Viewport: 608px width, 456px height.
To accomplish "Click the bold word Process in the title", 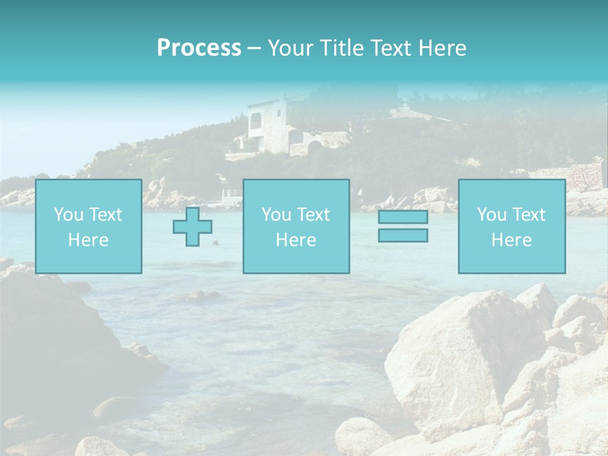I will [199, 48].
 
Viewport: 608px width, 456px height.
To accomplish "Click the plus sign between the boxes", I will [193, 227].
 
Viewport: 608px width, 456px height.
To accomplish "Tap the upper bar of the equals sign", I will [403, 217].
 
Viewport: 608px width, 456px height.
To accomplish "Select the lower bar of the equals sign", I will [403, 236].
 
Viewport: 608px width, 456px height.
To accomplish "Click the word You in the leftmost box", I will [68, 215].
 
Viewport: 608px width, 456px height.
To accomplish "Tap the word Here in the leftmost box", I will [88, 240].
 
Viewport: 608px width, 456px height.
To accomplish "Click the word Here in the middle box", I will [296, 240].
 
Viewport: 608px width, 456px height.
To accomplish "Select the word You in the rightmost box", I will [491, 215].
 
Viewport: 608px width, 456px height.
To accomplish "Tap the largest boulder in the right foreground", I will [456, 355].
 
